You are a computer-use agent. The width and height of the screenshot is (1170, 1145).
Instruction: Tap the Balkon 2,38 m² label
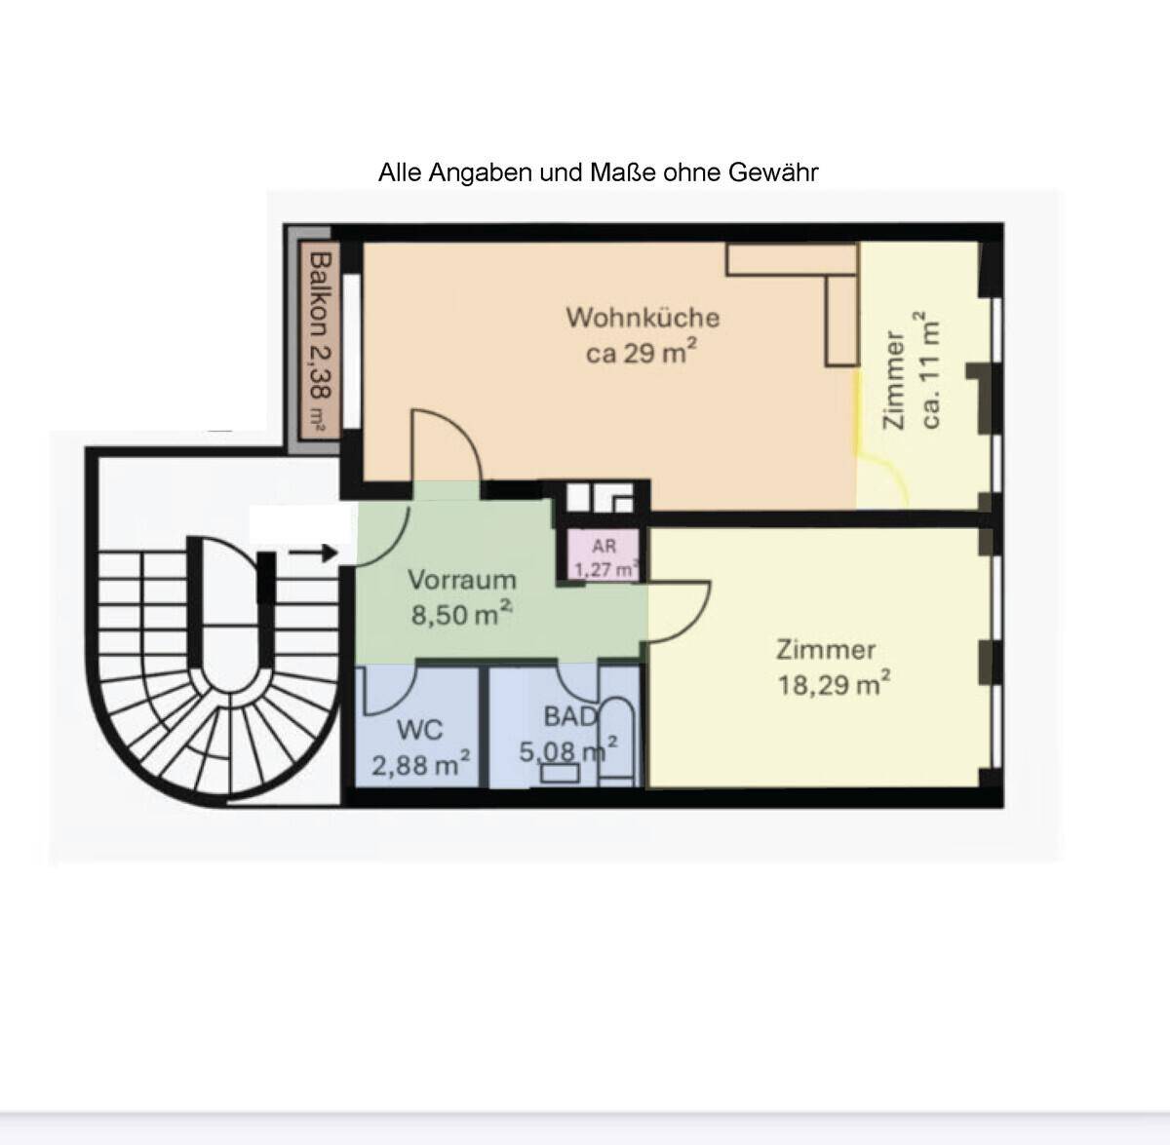[x=320, y=342]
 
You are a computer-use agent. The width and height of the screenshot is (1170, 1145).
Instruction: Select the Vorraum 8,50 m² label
[x=462, y=597]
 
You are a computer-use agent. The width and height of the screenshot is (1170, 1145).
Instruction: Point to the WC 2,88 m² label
[x=421, y=747]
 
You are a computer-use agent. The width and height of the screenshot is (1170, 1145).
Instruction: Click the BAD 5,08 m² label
[x=568, y=735]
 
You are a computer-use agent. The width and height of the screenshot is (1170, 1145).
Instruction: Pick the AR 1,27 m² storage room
[x=604, y=555]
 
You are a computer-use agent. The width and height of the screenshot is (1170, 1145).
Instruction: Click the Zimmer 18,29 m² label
[x=833, y=668]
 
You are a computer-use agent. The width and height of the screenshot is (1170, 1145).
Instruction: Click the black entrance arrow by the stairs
[x=312, y=553]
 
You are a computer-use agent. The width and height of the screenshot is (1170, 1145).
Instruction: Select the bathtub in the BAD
[x=616, y=742]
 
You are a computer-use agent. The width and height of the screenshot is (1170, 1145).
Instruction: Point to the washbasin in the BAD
[x=560, y=773]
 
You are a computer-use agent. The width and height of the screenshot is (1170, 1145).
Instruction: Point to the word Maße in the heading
[x=623, y=173]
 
